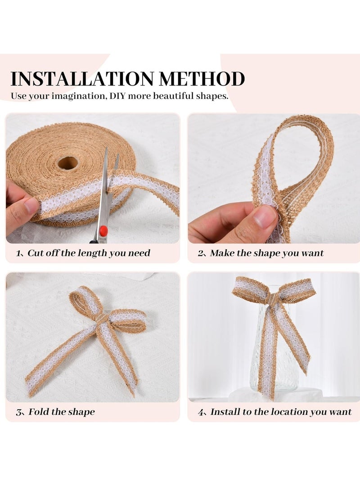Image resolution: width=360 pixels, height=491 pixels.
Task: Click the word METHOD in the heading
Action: pos(202,79)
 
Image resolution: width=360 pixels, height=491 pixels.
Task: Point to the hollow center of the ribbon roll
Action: pos(68,162)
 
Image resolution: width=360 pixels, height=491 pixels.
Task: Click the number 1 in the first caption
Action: pos(18,253)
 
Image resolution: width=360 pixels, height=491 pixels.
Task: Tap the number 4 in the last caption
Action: pos(201,412)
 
